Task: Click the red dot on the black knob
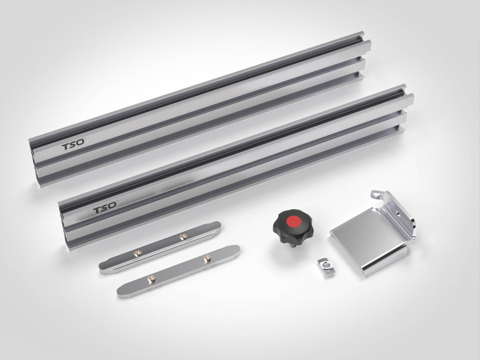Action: (294, 221)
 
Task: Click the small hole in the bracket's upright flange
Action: (397, 213)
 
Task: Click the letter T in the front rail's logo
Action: (96, 210)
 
